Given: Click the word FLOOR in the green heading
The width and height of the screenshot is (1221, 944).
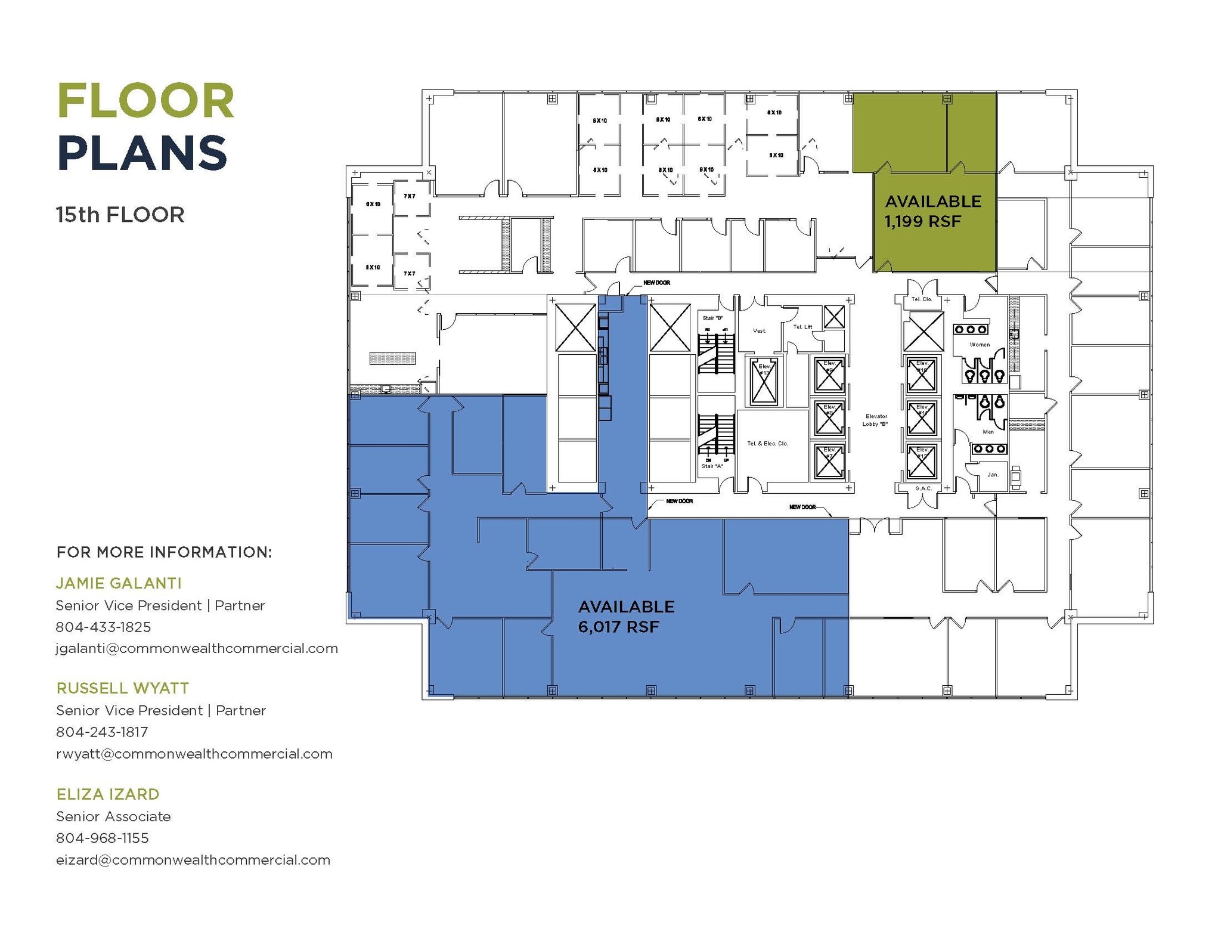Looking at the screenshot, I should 146,101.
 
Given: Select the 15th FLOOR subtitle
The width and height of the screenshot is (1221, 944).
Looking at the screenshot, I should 120,215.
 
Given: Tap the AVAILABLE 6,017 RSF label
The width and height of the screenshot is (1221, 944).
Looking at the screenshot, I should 626,617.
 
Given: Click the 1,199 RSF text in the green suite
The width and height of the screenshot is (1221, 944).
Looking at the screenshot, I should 922,222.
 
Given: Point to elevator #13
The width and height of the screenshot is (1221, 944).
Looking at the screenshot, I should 764,382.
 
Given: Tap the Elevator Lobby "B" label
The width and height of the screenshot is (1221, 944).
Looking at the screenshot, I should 875,420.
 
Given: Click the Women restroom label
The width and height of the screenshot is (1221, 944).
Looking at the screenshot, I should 980,345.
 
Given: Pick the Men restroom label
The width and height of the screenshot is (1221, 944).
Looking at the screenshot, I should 988,432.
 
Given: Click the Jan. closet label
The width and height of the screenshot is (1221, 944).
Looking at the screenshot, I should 992,475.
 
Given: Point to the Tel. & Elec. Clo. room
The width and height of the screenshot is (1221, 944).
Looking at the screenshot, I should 767,444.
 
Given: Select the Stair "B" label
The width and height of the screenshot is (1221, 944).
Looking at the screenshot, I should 712,318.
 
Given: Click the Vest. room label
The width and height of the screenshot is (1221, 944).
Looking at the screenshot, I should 759,331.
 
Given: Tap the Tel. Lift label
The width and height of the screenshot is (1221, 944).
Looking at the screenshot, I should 802,327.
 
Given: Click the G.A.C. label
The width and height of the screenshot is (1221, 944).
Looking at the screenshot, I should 923,488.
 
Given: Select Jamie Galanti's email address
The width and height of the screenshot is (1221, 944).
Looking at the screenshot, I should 197,648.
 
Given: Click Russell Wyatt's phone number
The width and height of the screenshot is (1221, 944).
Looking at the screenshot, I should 102,732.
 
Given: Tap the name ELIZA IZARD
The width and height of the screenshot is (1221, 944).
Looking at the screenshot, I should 108,794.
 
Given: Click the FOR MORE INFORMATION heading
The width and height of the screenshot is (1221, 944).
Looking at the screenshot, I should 164,552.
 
